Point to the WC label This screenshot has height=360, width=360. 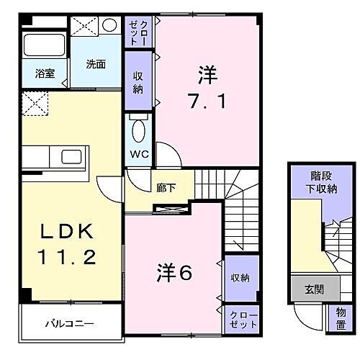pyautogui.click(x=139, y=154)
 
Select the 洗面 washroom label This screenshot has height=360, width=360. pyautogui.click(x=96, y=63)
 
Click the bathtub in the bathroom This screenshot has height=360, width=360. pyautogui.click(x=43, y=45)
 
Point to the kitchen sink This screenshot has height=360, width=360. pyautogui.click(x=73, y=157)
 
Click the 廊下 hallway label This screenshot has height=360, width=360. pyautogui.click(x=166, y=187)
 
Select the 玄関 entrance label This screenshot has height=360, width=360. pyautogui.click(x=314, y=290)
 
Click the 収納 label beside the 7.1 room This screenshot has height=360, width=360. pyautogui.click(x=139, y=84)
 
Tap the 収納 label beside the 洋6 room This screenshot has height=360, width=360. pyautogui.click(x=240, y=277)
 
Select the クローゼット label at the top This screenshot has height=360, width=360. pyautogui.click(x=138, y=32)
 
